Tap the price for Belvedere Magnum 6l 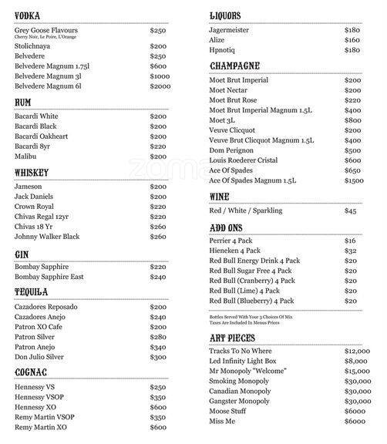point(160,87)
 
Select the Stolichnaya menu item point(37,45)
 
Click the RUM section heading point(23,102)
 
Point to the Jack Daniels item point(37,198)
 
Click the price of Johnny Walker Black point(158,237)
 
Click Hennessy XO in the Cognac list point(35,407)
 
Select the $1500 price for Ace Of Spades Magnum point(354,180)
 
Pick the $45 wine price point(351,210)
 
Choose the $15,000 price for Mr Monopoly point(360,371)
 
